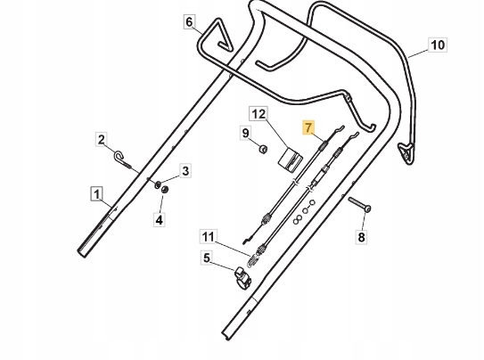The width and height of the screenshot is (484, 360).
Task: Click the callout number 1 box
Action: click(x=97, y=194)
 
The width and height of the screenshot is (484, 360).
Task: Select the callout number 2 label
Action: click(x=101, y=140)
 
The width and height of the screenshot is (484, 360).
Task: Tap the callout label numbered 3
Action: click(x=185, y=170)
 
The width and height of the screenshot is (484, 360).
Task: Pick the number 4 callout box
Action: click(x=159, y=220)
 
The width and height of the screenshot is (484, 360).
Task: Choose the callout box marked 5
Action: click(x=207, y=258)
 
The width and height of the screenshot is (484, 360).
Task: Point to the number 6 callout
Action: click(x=189, y=22)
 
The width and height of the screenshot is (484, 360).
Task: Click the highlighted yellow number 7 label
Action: click(x=308, y=127)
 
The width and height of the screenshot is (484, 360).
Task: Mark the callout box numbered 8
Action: click(x=361, y=237)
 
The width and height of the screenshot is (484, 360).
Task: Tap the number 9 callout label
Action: click(x=246, y=134)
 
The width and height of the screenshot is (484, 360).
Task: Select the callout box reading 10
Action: click(x=438, y=45)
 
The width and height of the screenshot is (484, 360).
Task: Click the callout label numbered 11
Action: click(x=208, y=237)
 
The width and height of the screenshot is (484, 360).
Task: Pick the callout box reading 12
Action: click(x=258, y=114)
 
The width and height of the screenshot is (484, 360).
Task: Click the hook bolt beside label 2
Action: click(x=122, y=160)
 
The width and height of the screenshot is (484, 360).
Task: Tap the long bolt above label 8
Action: click(x=359, y=205)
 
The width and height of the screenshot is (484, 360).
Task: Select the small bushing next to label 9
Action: click(x=263, y=150)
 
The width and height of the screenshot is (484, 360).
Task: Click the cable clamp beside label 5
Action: click(x=243, y=276)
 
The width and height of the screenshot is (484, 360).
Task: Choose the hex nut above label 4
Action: click(x=165, y=190)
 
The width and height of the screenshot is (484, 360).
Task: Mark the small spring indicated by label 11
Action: click(x=252, y=261)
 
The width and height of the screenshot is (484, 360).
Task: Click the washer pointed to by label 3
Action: click(x=157, y=184)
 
